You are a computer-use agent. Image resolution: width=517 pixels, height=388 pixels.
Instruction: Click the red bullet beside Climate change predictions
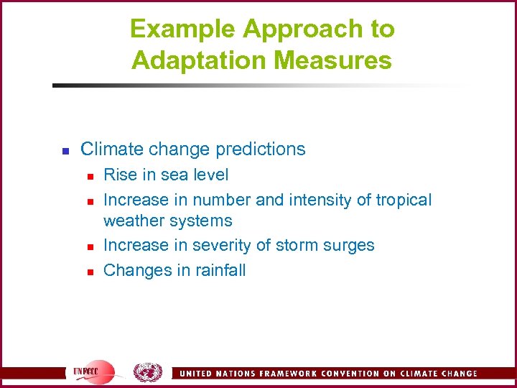coord(64,151)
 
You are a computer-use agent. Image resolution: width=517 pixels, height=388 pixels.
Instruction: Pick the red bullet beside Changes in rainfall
coord(89,272)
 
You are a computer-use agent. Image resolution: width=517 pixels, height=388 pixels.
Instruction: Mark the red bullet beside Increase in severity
coord(89,246)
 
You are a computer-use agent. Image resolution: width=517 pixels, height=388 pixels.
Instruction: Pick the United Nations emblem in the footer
coord(147,372)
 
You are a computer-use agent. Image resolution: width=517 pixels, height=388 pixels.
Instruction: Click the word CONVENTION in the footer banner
coord(346,374)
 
